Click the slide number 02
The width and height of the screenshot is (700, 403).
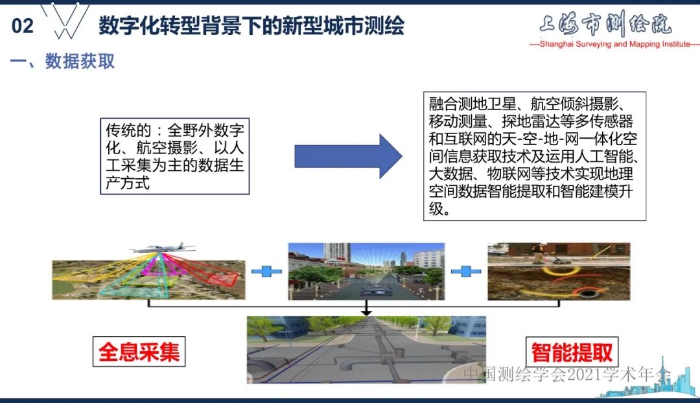pyautogui.click(x=22, y=26)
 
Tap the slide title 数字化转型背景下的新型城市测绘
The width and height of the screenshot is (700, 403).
pyautogui.click(x=251, y=26)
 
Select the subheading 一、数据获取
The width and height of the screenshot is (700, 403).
pyautogui.click(x=62, y=62)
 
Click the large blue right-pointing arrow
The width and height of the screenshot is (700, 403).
pyautogui.click(x=348, y=155)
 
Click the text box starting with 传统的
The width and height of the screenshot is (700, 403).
pyautogui.click(x=174, y=155)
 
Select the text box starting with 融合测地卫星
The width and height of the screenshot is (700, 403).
pyautogui.click(x=535, y=156)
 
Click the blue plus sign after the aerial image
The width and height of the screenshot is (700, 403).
pyautogui.click(x=266, y=271)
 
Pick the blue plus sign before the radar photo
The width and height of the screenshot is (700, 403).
pyautogui.click(x=465, y=271)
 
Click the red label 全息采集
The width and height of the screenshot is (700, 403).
pyautogui.click(x=139, y=352)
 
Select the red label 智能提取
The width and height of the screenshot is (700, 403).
pyautogui.click(x=572, y=352)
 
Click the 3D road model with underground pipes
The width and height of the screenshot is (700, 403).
pyautogui.click(x=366, y=350)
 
